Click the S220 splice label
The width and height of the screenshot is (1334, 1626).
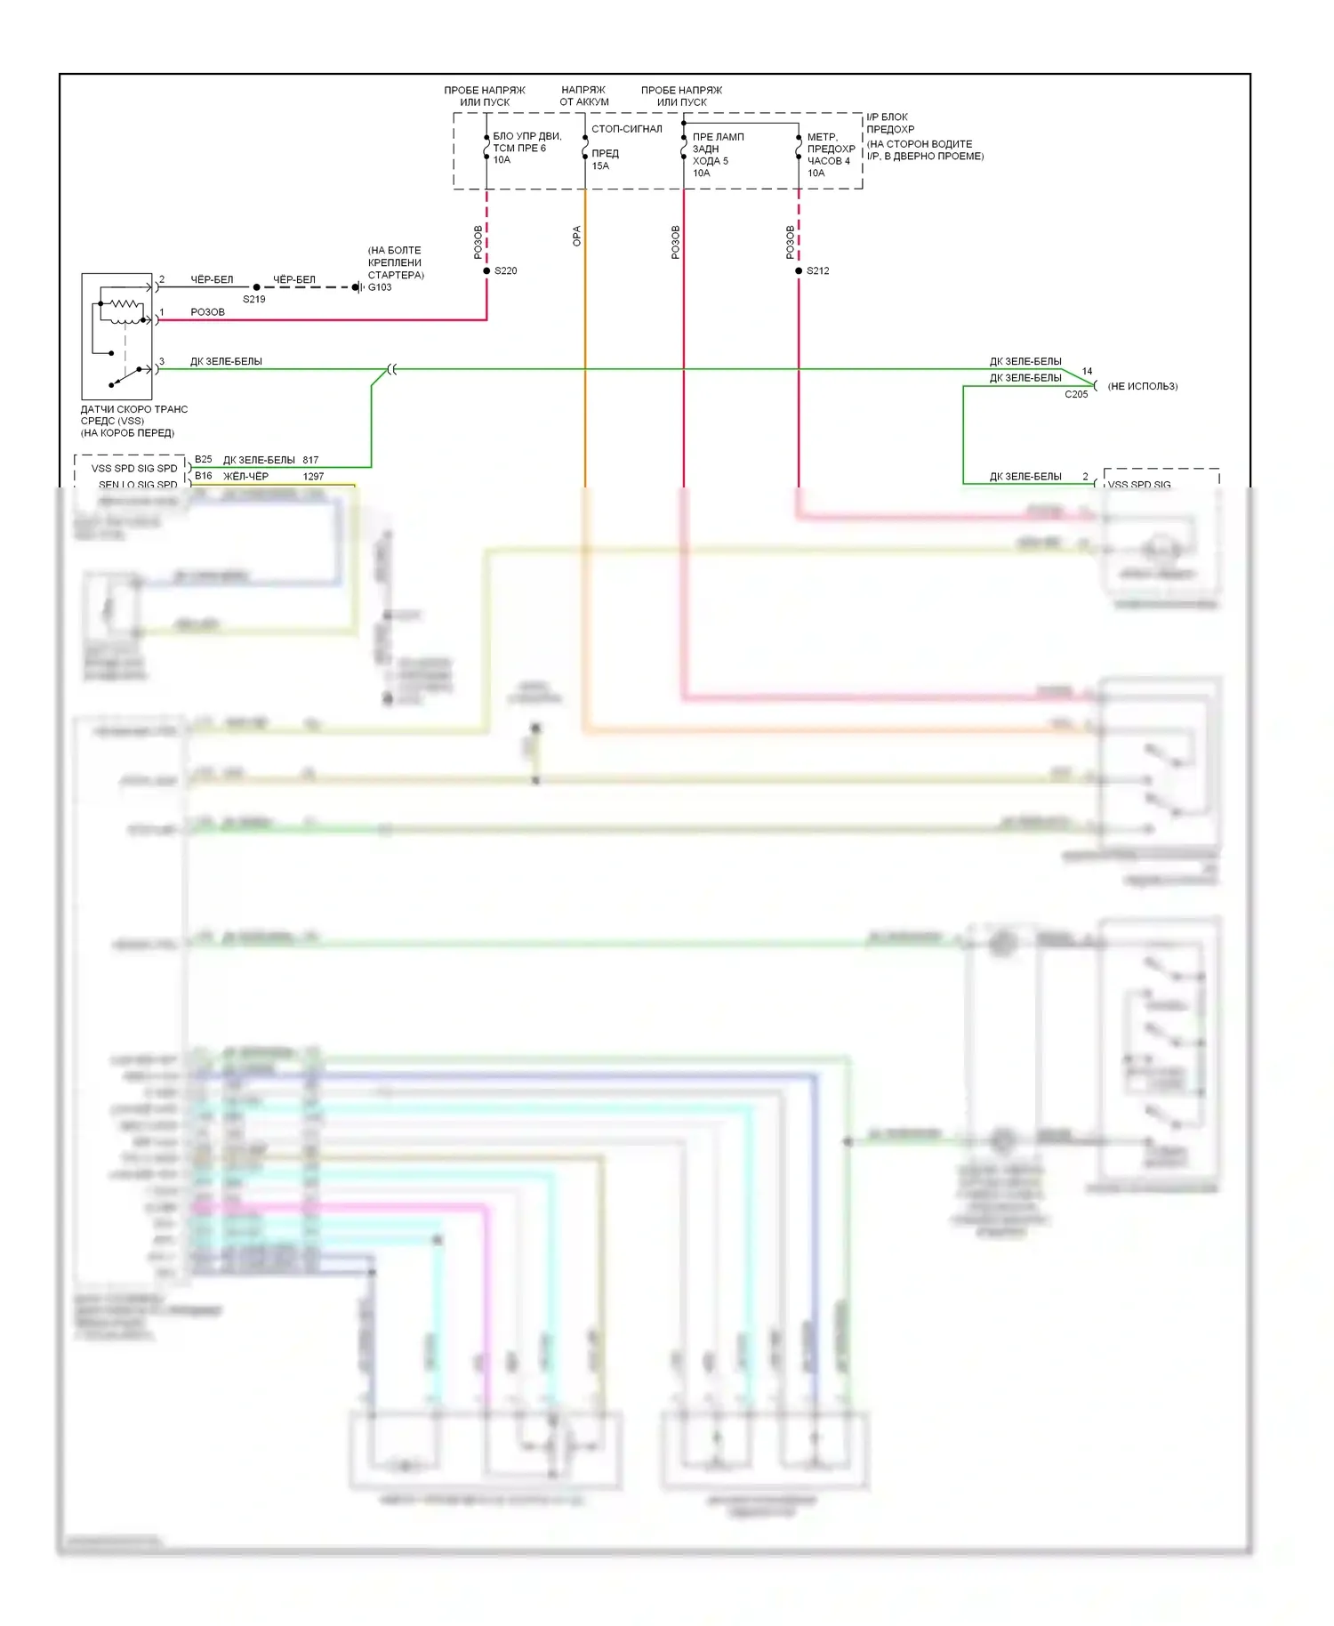click(505, 270)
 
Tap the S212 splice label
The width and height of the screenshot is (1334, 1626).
click(817, 270)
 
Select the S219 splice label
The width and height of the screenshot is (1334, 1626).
click(253, 299)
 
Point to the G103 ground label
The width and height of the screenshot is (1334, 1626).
click(380, 287)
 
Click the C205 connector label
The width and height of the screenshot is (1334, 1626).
click(1076, 394)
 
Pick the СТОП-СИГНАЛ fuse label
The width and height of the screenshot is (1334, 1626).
click(626, 129)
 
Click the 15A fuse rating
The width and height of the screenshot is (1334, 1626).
click(600, 166)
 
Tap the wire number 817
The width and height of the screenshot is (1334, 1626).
click(310, 460)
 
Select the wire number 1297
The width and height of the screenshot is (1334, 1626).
click(313, 477)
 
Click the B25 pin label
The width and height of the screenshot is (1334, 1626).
click(204, 460)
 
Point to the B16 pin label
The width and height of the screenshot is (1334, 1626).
click(204, 476)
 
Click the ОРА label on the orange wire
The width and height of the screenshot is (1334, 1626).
click(576, 236)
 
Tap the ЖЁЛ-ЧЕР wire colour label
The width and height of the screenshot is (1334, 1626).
click(245, 477)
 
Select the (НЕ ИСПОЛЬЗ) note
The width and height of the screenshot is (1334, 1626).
click(1143, 386)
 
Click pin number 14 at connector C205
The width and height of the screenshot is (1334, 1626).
click(1087, 372)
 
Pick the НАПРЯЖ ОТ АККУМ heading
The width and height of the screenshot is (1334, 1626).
click(583, 96)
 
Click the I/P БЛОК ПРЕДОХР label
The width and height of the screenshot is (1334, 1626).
click(889, 123)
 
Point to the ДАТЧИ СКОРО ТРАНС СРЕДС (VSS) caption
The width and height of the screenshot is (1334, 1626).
click(133, 415)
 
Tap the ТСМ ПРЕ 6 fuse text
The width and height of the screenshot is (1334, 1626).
click(519, 149)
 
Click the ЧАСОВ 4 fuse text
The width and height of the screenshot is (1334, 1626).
click(828, 161)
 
